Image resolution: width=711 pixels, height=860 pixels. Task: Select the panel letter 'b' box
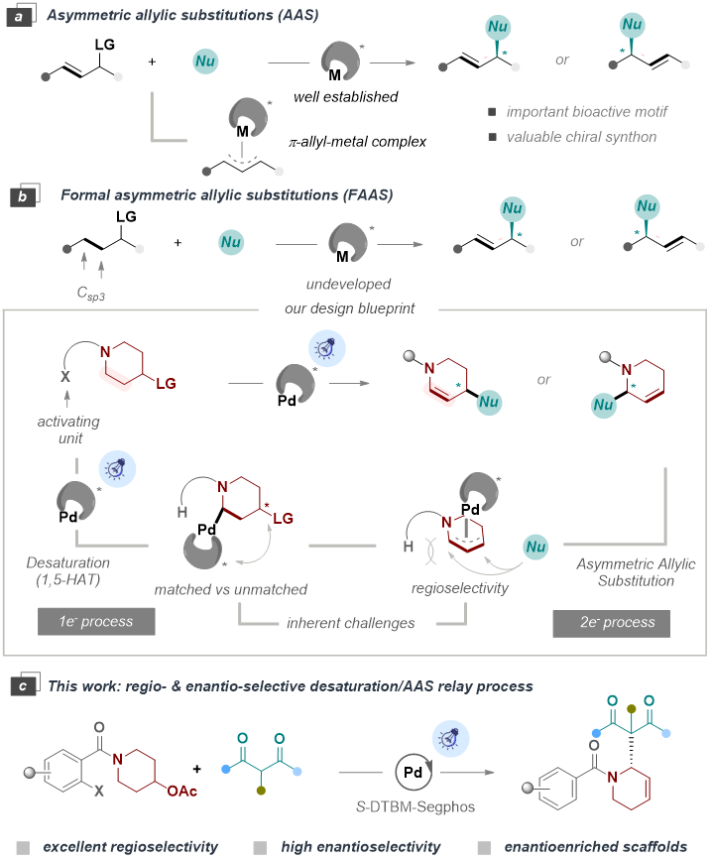pyautogui.click(x=21, y=195)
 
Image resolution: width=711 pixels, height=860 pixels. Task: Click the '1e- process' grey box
pyautogui.click(x=97, y=623)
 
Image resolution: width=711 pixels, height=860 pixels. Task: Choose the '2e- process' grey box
pyautogui.click(x=611, y=623)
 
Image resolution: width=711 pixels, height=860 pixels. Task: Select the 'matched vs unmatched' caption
pyautogui.click(x=231, y=589)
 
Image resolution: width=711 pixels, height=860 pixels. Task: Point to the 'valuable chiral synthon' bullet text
pyautogui.click(x=581, y=137)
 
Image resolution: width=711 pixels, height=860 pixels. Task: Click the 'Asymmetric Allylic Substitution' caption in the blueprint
pyautogui.click(x=636, y=572)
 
